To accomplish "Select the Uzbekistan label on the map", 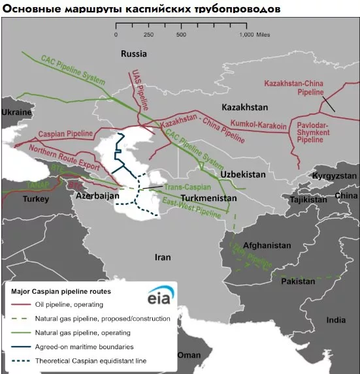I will point(242,175).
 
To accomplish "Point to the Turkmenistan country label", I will point(208,198).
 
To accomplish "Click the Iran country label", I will point(162,257).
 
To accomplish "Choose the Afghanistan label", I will point(267,245).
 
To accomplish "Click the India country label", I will point(336,320).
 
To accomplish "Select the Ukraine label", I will point(16,112).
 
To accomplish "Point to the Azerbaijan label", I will point(97,196).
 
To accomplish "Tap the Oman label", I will point(189,354).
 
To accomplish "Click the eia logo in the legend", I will point(160,294).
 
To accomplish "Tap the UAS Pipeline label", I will point(139,89).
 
